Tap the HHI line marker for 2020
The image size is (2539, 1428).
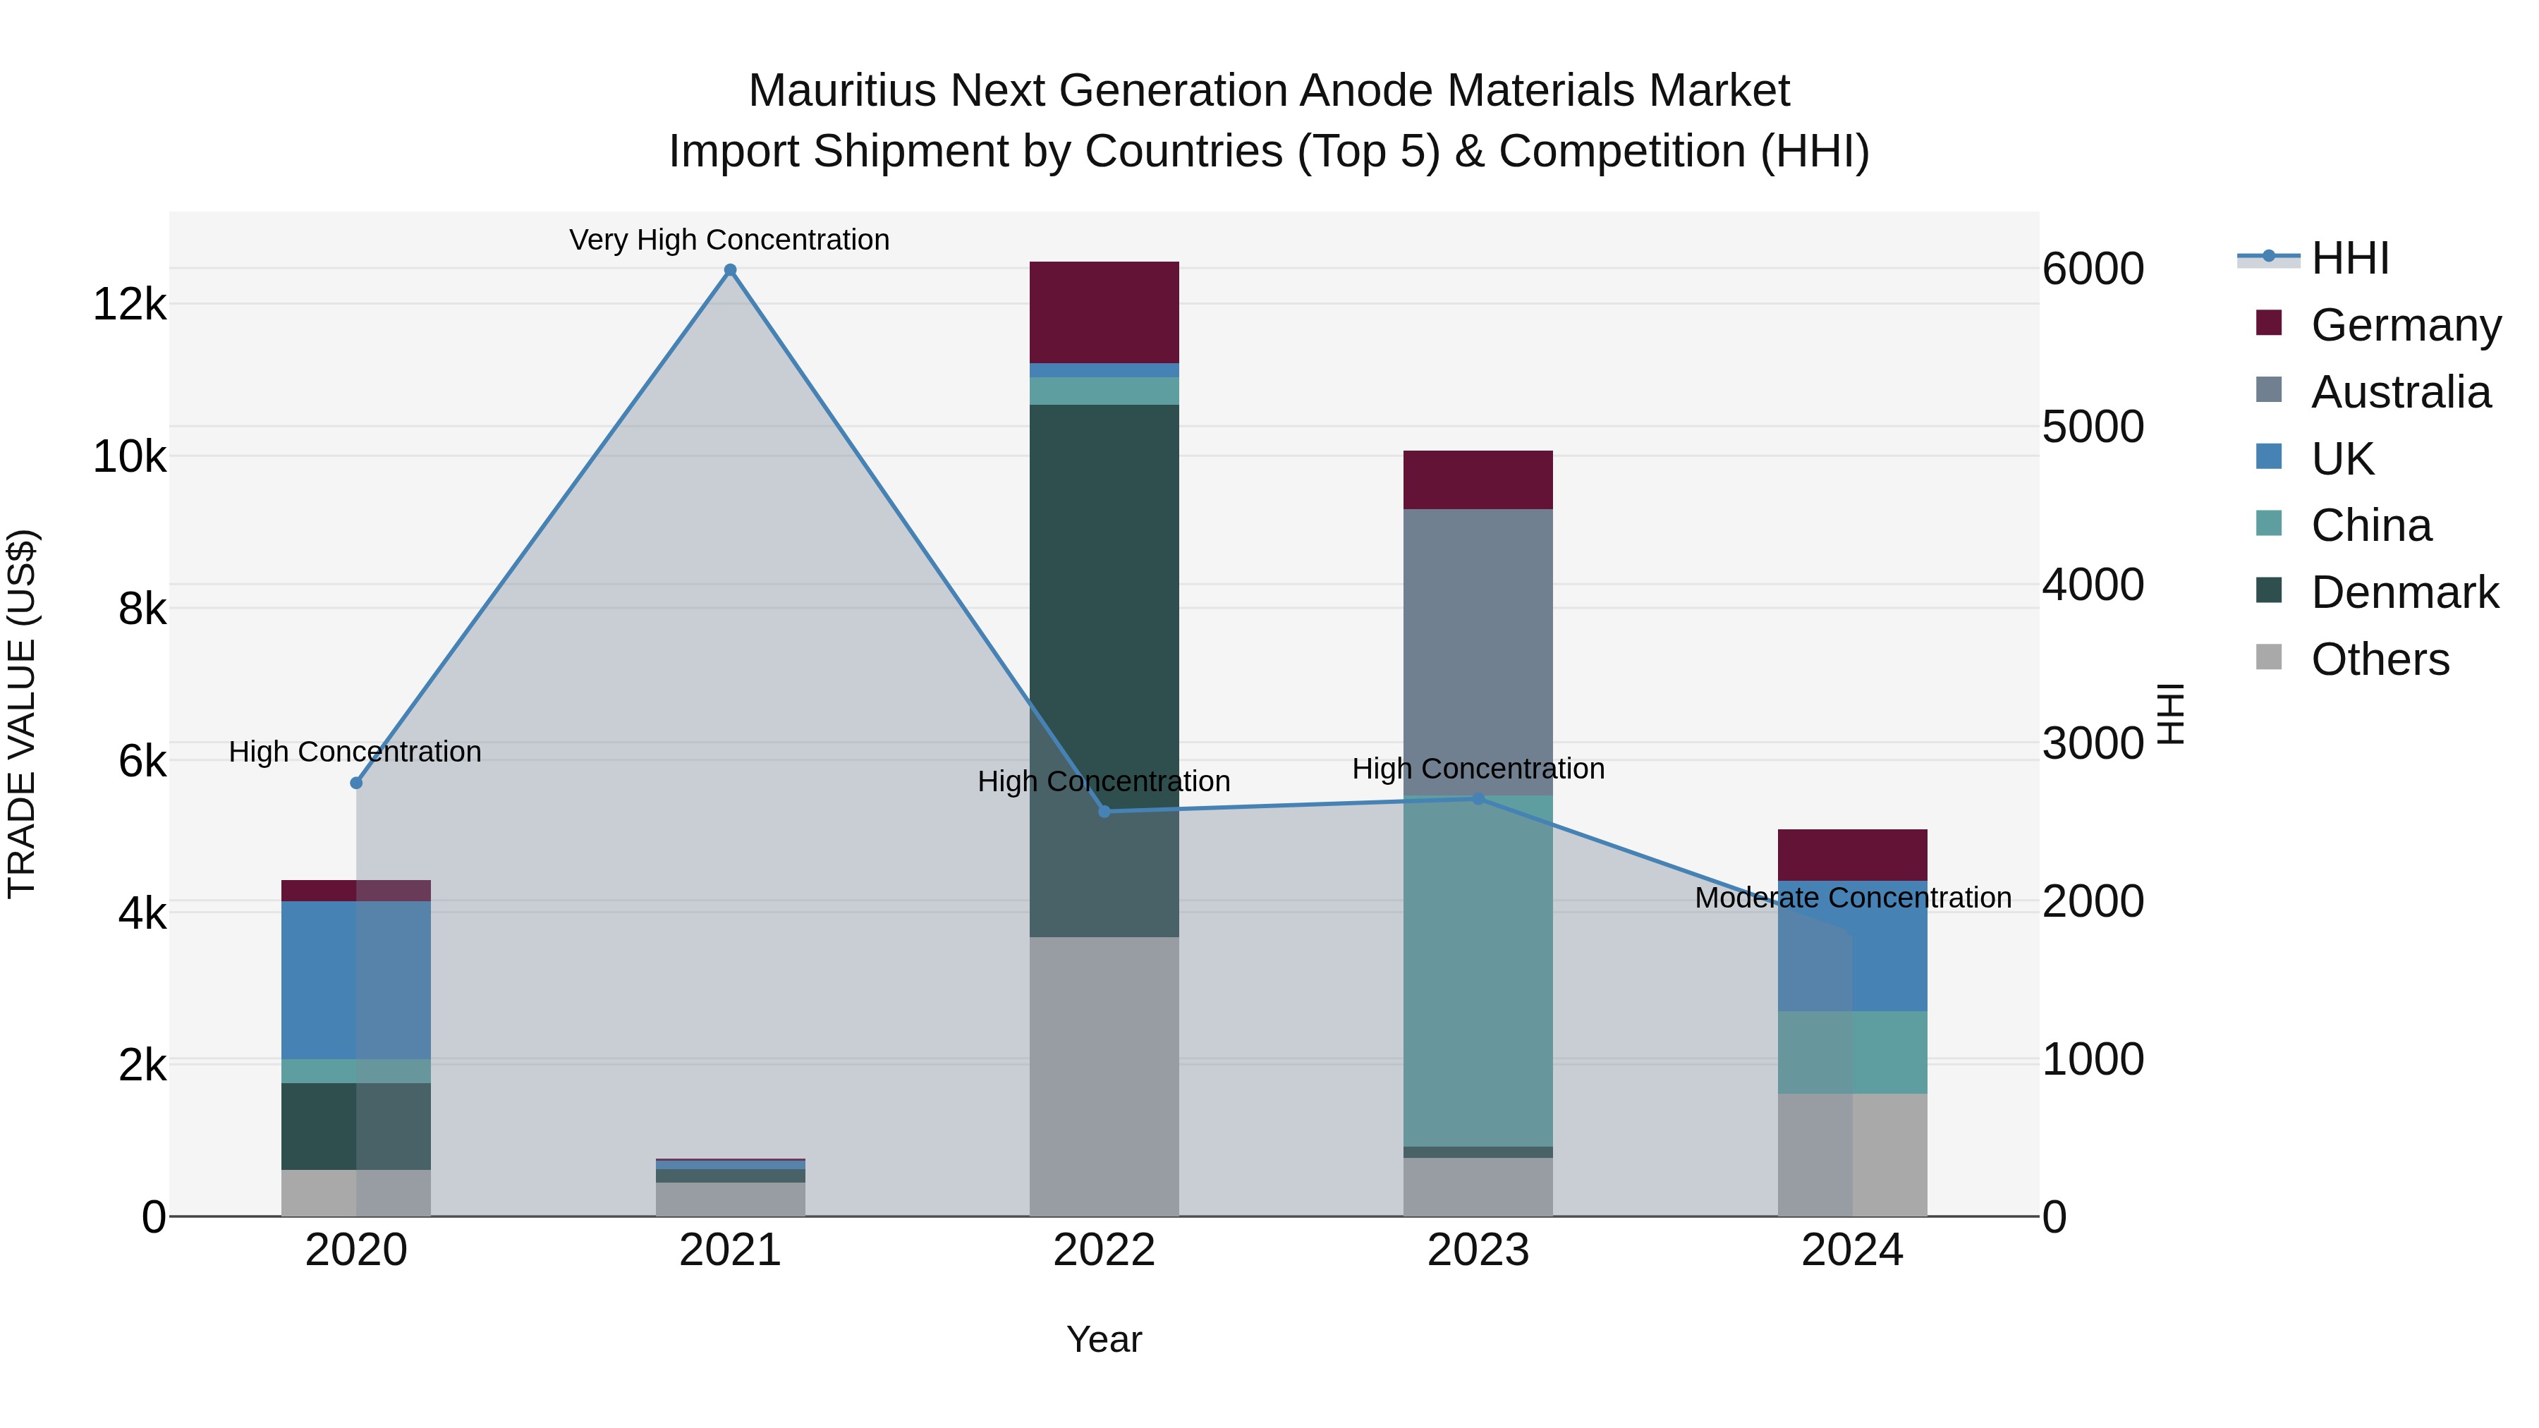pyautogui.click(x=357, y=783)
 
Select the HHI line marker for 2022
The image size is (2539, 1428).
pyautogui.click(x=1104, y=811)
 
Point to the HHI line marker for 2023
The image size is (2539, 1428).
pyautogui.click(x=1478, y=798)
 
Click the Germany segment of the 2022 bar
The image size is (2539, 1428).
pyautogui.click(x=1104, y=312)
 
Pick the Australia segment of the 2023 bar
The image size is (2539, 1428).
pyautogui.click(x=1478, y=650)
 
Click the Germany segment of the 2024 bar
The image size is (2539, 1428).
pyautogui.click(x=1852, y=855)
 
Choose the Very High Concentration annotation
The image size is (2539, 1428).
pyautogui.click(x=729, y=240)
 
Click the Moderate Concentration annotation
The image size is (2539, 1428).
pyautogui.click(x=1853, y=898)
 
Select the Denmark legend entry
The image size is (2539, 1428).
pyautogui.click(x=2404, y=592)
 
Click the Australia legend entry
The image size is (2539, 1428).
pyautogui.click(x=2400, y=392)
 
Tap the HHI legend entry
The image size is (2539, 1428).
pyautogui.click(x=2350, y=258)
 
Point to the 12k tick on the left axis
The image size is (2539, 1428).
pyautogui.click(x=129, y=303)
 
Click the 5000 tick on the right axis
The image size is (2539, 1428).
pyautogui.click(x=2093, y=427)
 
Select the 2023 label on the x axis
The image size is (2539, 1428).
pyautogui.click(x=1478, y=1250)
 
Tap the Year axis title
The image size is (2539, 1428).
pyautogui.click(x=1104, y=1339)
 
